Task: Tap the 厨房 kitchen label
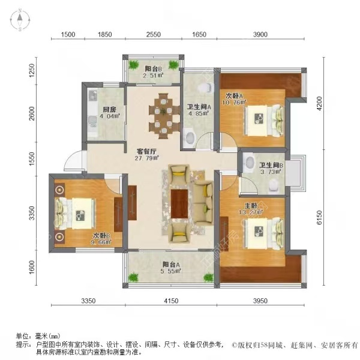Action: (x=109, y=110)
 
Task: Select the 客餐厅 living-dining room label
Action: (x=139, y=152)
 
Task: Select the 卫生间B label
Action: (x=271, y=165)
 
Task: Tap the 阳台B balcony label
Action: (x=154, y=67)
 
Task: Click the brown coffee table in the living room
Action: (x=179, y=203)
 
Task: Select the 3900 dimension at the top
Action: (x=260, y=35)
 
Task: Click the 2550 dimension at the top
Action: (x=154, y=35)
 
